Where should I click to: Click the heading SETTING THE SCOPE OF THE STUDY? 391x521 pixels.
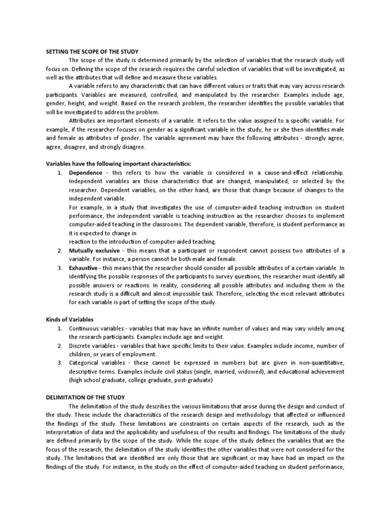92,51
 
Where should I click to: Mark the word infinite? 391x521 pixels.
211,328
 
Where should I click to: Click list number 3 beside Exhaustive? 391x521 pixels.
59,267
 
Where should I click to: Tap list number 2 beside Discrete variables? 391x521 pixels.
59,345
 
